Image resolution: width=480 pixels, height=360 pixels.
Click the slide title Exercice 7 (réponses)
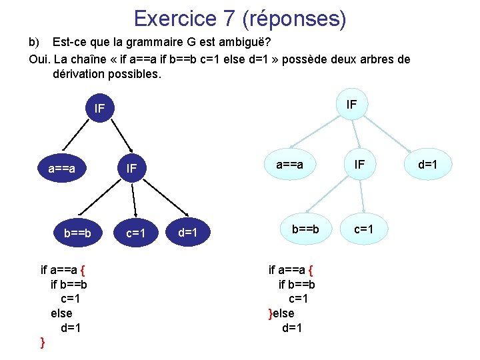pyautogui.click(x=240, y=18)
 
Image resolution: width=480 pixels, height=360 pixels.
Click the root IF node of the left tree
pyautogui.click(x=100, y=108)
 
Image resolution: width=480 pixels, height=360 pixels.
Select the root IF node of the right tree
pyautogui.click(x=352, y=104)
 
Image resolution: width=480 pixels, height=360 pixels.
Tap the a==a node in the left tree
pyautogui.click(x=61, y=169)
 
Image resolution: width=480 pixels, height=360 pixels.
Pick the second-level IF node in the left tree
pyautogui.click(x=132, y=169)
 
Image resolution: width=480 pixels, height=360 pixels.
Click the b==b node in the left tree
pyautogui.click(x=78, y=233)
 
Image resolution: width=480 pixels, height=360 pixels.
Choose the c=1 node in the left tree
pyautogui.click(x=136, y=233)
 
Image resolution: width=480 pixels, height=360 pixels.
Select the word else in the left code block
pyautogui.click(x=61, y=313)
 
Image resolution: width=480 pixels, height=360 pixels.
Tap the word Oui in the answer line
pyautogui.click(x=39, y=59)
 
